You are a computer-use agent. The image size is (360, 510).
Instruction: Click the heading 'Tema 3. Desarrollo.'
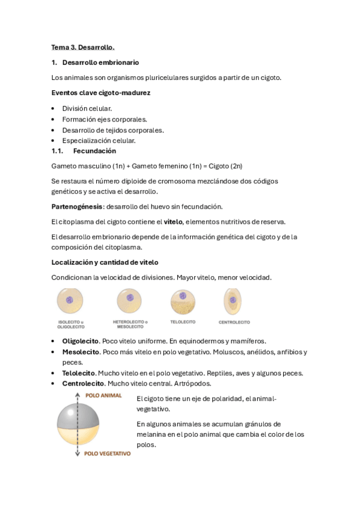coord(83,47)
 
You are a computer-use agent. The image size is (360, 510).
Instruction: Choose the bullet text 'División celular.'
coord(87,108)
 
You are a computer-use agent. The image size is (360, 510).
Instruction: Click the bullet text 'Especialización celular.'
coord(99,141)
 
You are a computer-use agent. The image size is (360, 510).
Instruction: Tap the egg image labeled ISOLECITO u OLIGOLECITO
coord(70,300)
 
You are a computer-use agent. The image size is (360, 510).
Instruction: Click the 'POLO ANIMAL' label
coord(103,396)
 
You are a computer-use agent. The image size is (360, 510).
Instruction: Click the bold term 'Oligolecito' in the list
coord(81,340)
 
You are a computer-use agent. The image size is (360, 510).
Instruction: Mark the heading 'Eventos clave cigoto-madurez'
coord(100,93)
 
